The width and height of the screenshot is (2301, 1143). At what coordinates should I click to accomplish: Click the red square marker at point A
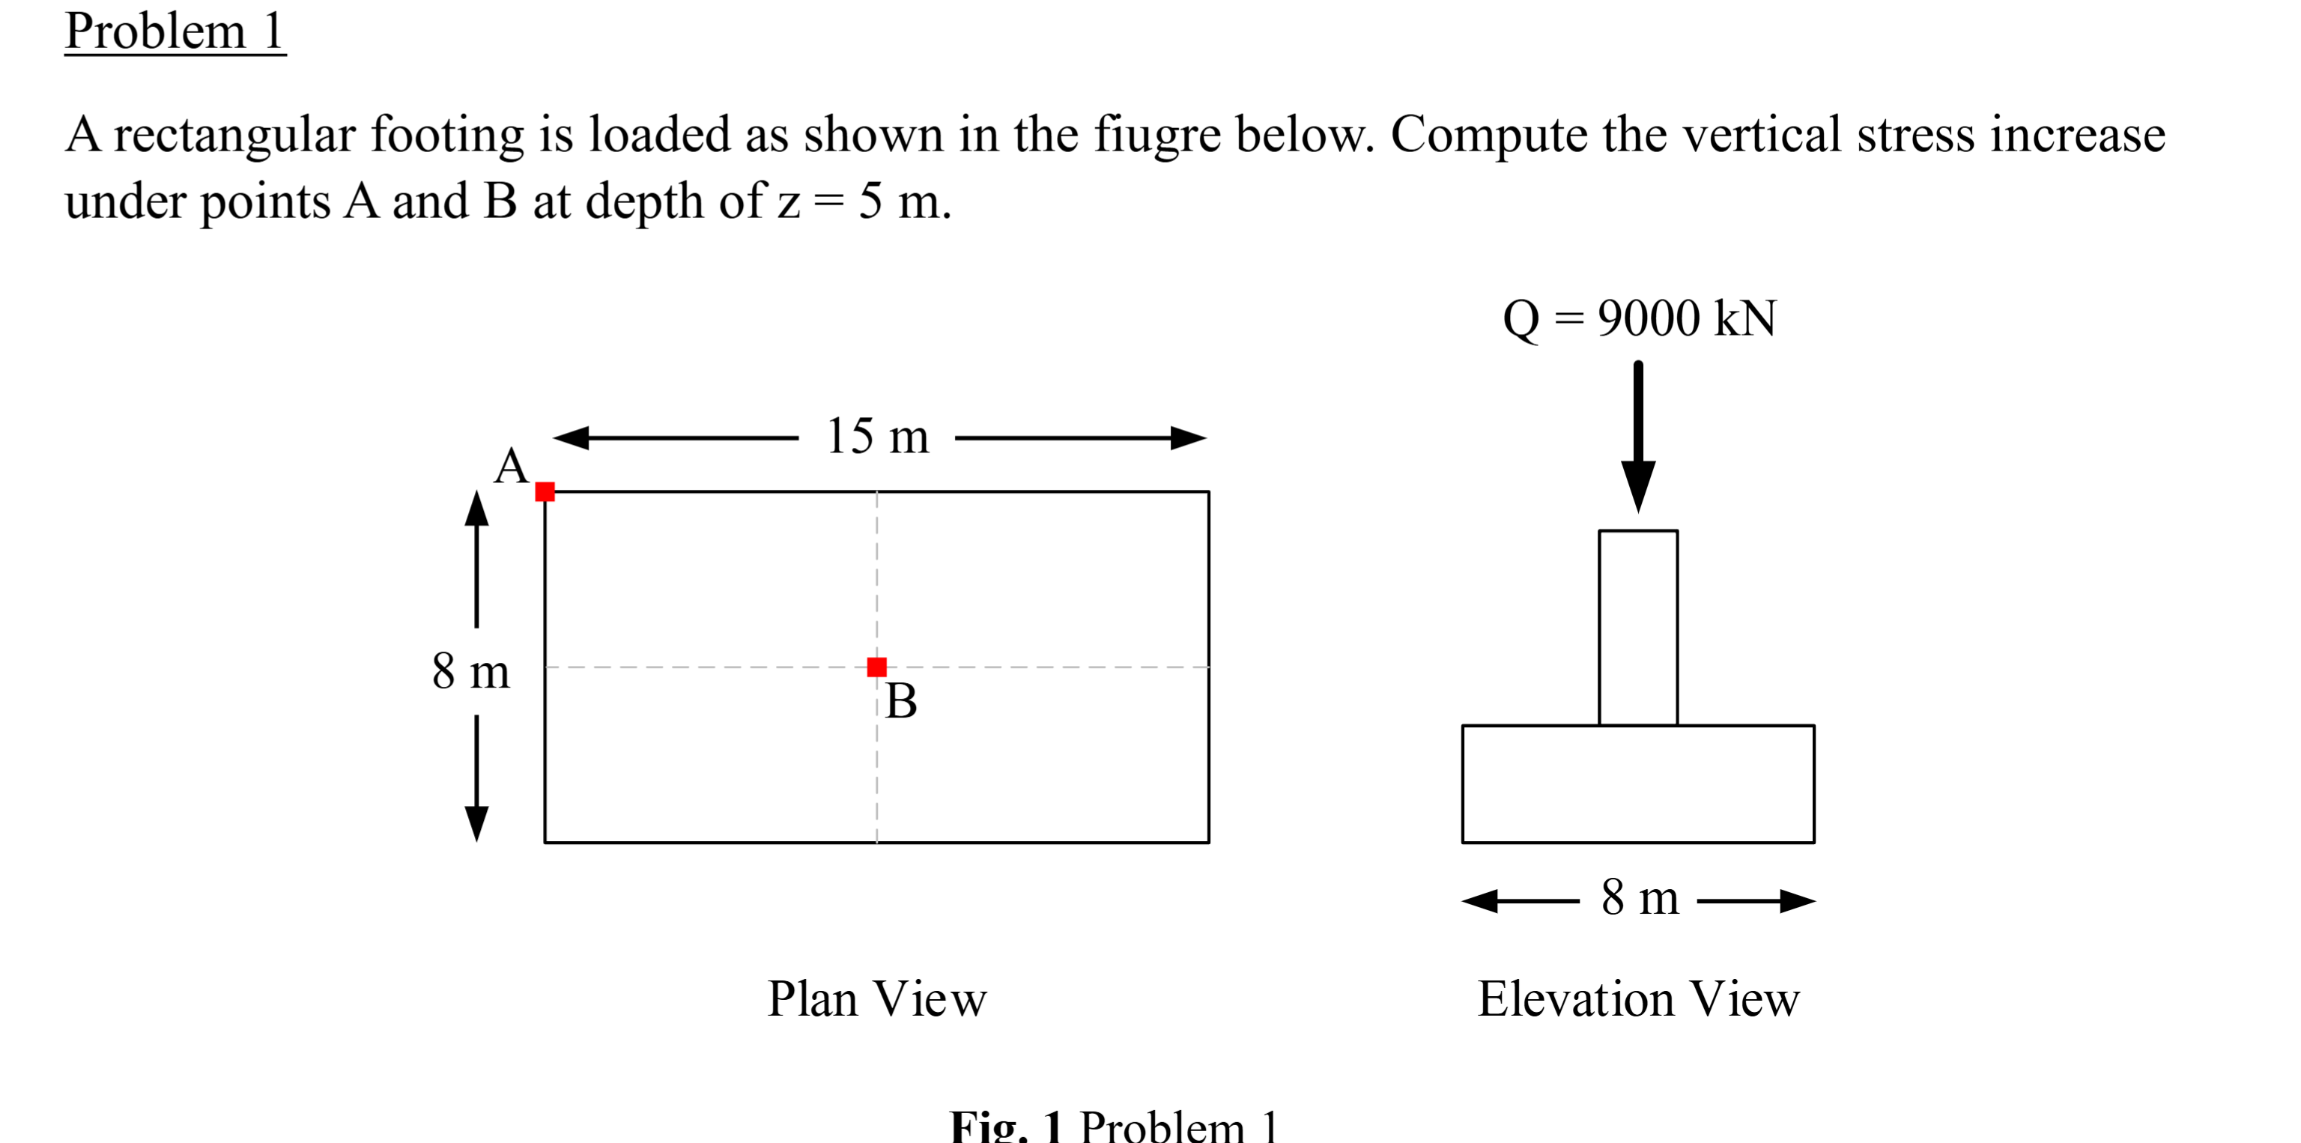(x=545, y=492)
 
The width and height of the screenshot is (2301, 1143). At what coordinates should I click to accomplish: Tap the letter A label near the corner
(x=511, y=466)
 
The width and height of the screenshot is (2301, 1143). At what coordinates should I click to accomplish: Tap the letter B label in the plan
(x=901, y=701)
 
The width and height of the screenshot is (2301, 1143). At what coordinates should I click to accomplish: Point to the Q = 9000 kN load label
(x=1640, y=319)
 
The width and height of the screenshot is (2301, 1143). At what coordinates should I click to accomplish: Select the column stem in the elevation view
(x=1638, y=628)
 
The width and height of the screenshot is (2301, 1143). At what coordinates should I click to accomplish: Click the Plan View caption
(x=877, y=998)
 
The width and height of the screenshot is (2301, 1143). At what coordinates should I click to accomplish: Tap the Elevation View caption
(x=1638, y=998)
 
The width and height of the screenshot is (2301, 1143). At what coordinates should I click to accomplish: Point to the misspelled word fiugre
(x=1158, y=136)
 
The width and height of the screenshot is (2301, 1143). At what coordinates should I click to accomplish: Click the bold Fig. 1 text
(x=1007, y=1125)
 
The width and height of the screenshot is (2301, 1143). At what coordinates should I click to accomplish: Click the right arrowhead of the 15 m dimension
(x=1189, y=438)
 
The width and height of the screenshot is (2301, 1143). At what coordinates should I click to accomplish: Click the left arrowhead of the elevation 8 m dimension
(x=1480, y=901)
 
